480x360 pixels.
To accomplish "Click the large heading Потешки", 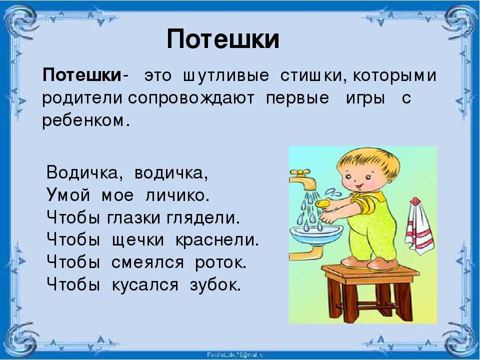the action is click(x=223, y=39).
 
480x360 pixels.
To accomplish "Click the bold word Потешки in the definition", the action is click(x=82, y=75).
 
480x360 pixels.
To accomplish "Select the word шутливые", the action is click(x=226, y=75).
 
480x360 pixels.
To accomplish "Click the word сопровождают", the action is click(x=191, y=98).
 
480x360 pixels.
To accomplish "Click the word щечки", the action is click(x=138, y=240).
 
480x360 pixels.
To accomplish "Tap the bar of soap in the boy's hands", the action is click(x=323, y=203).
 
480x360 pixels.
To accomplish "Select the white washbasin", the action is click(x=316, y=235).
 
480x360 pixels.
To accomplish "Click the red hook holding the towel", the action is click(x=415, y=201).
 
